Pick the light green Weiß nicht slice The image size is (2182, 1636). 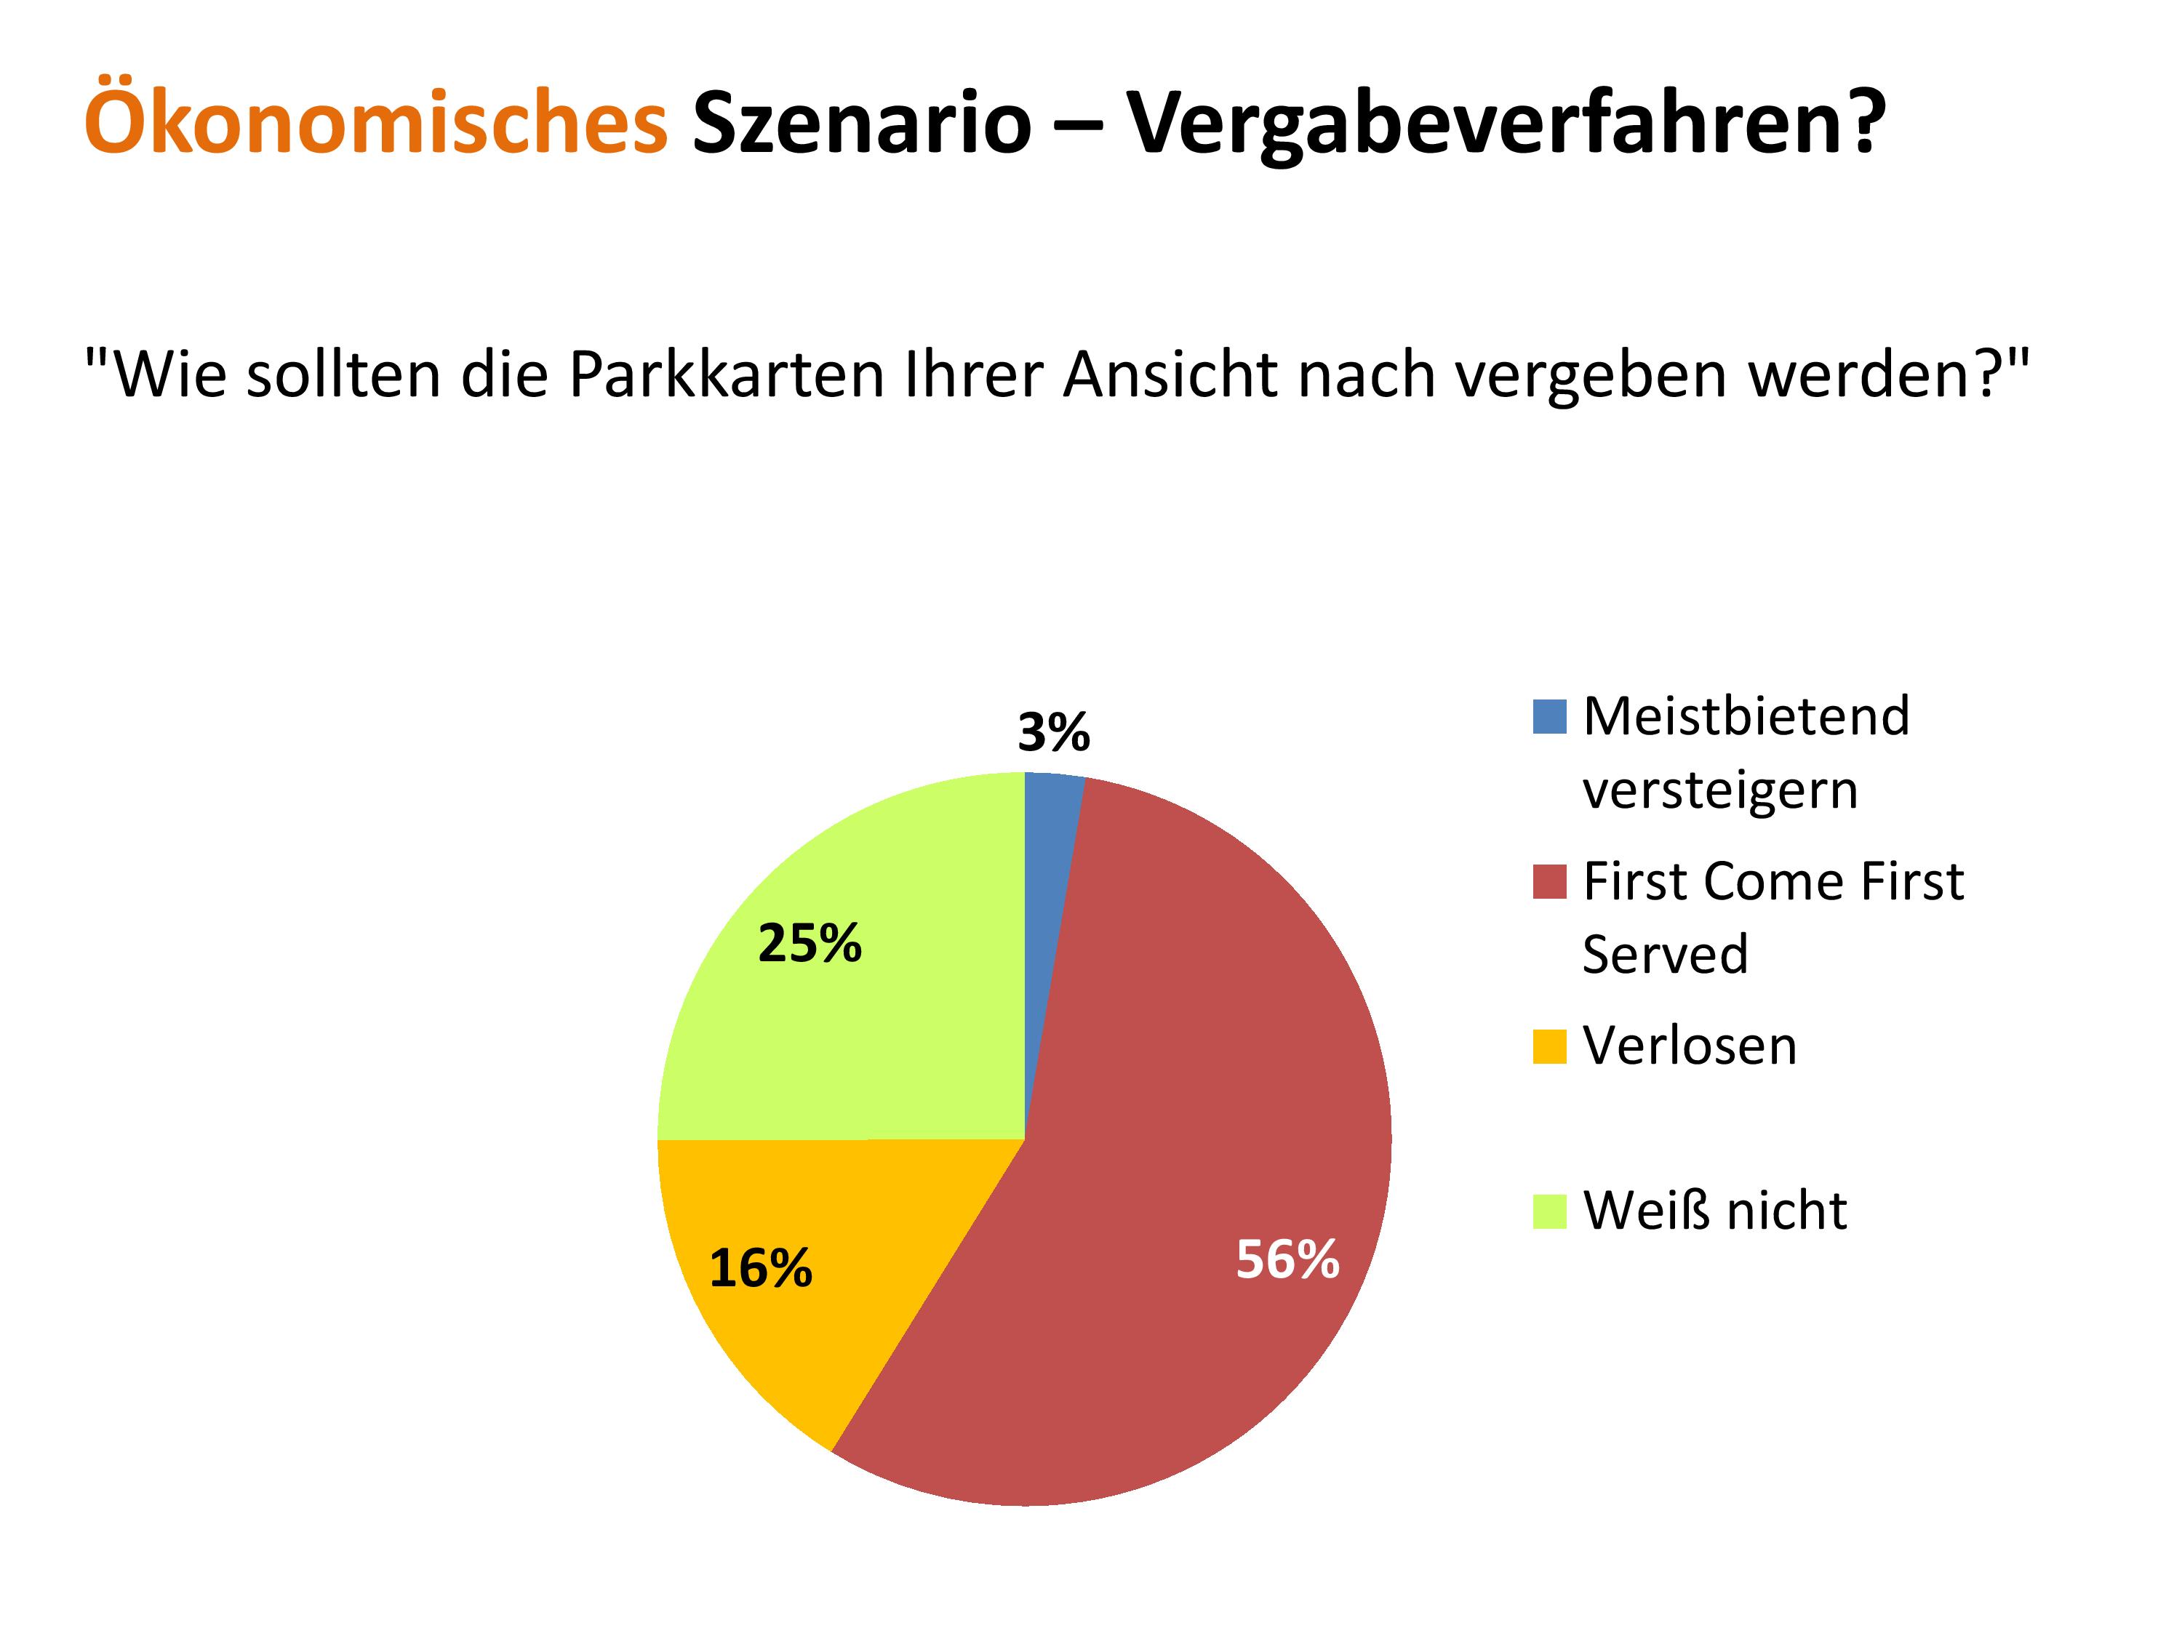point(868,986)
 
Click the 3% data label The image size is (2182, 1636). point(1053,733)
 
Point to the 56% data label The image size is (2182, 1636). point(1287,1259)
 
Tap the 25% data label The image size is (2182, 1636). point(810,944)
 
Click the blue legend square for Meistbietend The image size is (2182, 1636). point(1550,717)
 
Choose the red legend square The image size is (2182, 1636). point(1550,881)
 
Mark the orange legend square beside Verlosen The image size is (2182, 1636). point(1550,1046)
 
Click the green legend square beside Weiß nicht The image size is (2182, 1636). point(1550,1211)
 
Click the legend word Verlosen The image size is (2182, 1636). point(1690,1046)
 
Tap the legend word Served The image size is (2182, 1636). point(1665,953)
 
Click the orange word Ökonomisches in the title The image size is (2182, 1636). point(376,120)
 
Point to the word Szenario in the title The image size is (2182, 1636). point(861,124)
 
